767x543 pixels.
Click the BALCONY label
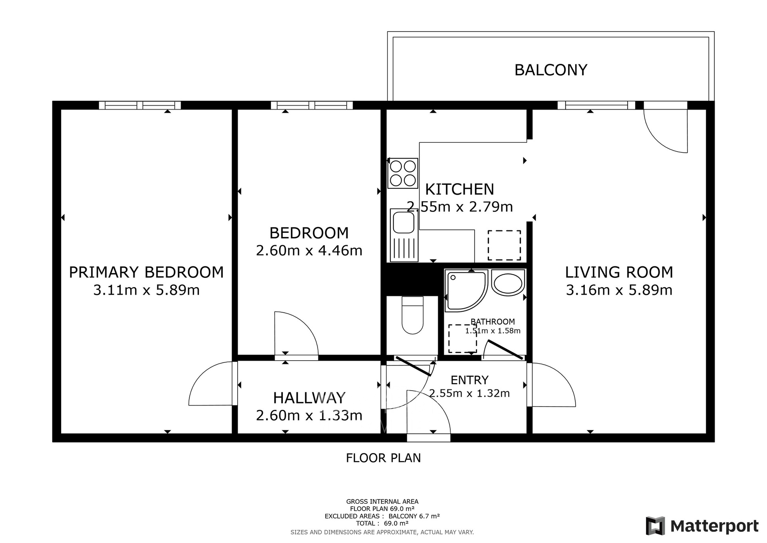click(x=551, y=70)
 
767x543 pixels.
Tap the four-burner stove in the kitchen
click(x=403, y=173)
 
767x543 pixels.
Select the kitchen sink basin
click(x=403, y=222)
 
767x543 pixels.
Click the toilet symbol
click(x=412, y=315)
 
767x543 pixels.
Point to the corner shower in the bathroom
click(x=466, y=291)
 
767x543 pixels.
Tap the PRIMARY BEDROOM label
click(x=146, y=272)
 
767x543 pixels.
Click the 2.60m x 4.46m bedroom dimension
click(x=309, y=251)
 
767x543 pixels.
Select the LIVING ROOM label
click(x=619, y=272)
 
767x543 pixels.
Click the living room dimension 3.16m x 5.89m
click(x=619, y=290)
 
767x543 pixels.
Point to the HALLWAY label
click(x=309, y=398)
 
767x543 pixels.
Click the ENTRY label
click(x=469, y=380)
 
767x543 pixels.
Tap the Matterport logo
click(x=702, y=526)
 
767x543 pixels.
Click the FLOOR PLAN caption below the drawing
click(x=383, y=458)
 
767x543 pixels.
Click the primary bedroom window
click(x=140, y=105)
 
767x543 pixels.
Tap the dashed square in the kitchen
click(x=504, y=245)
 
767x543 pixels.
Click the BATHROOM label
click(x=493, y=321)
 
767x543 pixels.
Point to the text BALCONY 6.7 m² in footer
click(x=414, y=516)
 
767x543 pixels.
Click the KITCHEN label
click(x=459, y=189)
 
